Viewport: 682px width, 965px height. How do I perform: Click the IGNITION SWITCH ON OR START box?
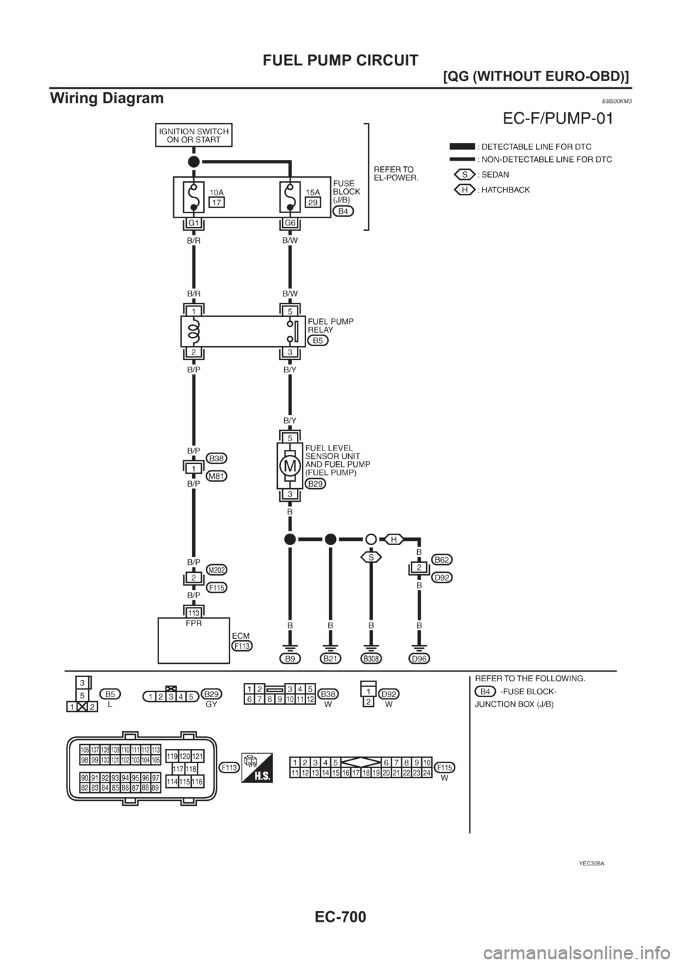[x=193, y=136]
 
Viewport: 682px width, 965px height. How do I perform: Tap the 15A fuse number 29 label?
[x=313, y=203]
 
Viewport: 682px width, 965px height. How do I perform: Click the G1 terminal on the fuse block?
[x=193, y=223]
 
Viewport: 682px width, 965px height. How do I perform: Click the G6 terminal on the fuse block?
[x=290, y=223]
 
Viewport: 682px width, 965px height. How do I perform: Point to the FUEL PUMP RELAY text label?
[x=330, y=325]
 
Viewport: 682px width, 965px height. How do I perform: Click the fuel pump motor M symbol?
[x=289, y=466]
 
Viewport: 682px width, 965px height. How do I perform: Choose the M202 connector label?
[x=217, y=570]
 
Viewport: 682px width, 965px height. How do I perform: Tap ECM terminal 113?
[x=193, y=612]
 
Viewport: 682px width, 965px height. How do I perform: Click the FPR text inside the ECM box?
[x=193, y=620]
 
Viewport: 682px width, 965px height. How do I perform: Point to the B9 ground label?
[x=290, y=659]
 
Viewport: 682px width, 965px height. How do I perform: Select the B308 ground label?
[x=371, y=659]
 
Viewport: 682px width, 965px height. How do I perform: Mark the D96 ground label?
[x=419, y=659]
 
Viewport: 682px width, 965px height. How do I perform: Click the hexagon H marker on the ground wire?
[x=392, y=539]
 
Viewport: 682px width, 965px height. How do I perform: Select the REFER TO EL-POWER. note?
[x=396, y=173]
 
